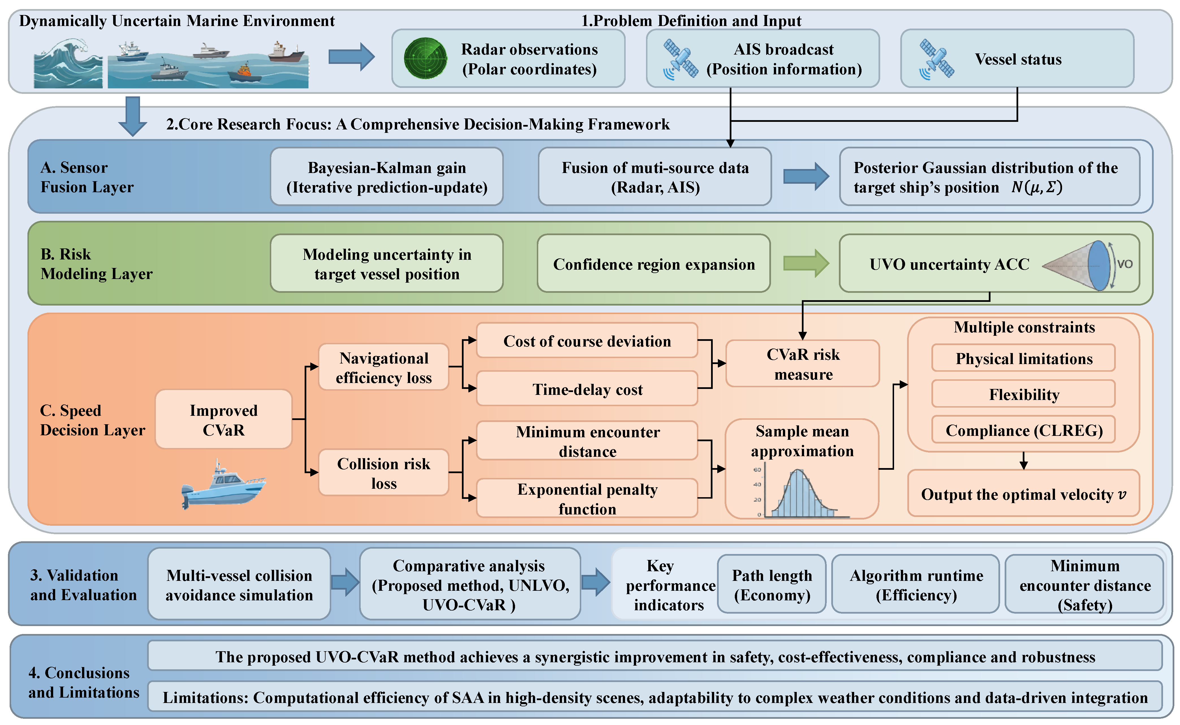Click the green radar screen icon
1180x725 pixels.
coord(425,59)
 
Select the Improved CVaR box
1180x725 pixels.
coord(223,419)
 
